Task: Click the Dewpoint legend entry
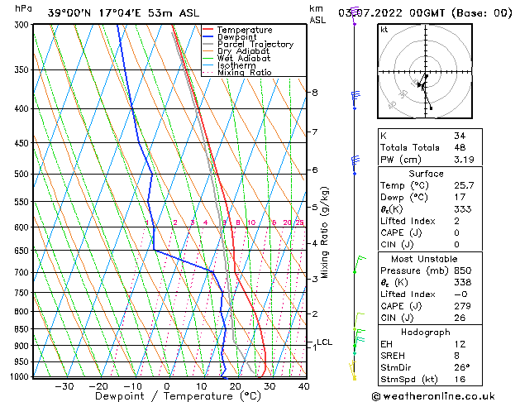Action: click(x=245, y=37)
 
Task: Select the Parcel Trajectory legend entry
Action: click(x=255, y=45)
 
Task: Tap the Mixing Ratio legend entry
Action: click(x=244, y=73)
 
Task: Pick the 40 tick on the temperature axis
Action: click(x=303, y=385)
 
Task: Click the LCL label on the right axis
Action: click(x=324, y=342)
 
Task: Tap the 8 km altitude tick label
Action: click(x=314, y=93)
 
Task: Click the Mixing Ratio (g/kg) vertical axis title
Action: click(x=325, y=232)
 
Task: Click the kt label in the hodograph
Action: click(x=384, y=30)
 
